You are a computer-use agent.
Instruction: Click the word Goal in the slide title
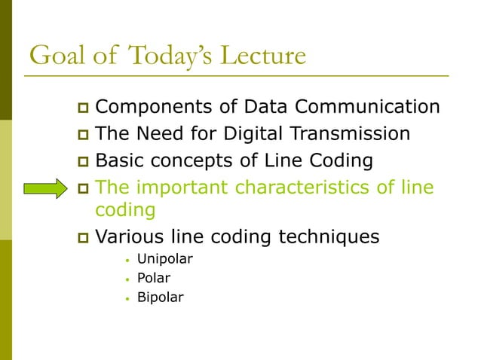[55, 56]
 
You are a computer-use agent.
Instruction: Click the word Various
[132, 236]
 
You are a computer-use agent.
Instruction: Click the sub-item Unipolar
[164, 259]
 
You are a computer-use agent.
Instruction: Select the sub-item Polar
[153, 278]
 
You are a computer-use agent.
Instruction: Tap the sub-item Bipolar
[160, 297]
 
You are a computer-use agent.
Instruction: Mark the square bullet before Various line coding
[84, 238]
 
